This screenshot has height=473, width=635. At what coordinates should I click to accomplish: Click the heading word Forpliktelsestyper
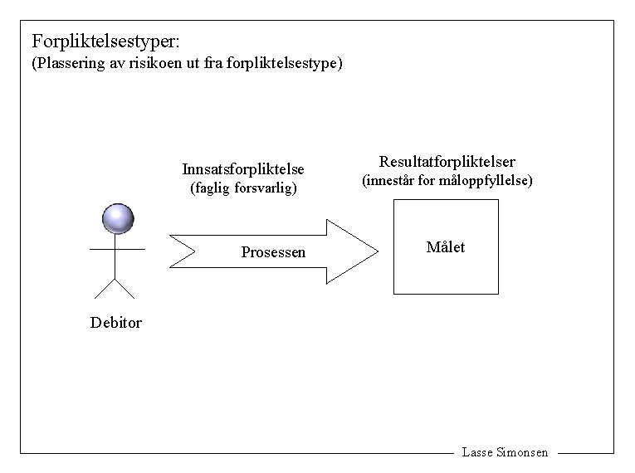click(103, 41)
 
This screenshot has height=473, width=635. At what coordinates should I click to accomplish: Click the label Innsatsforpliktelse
click(243, 169)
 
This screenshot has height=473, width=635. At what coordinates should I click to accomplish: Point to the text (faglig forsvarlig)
click(243, 188)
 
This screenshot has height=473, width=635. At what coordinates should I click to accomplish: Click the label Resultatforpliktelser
click(447, 162)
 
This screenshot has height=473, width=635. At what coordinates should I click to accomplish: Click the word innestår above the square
click(394, 181)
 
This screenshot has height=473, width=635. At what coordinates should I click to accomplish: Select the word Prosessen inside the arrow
click(273, 252)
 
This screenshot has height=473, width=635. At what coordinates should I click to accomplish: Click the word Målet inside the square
click(445, 247)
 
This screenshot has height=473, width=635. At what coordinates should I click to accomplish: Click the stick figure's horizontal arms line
click(117, 248)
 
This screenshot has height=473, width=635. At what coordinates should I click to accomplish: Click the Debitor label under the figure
click(116, 323)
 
